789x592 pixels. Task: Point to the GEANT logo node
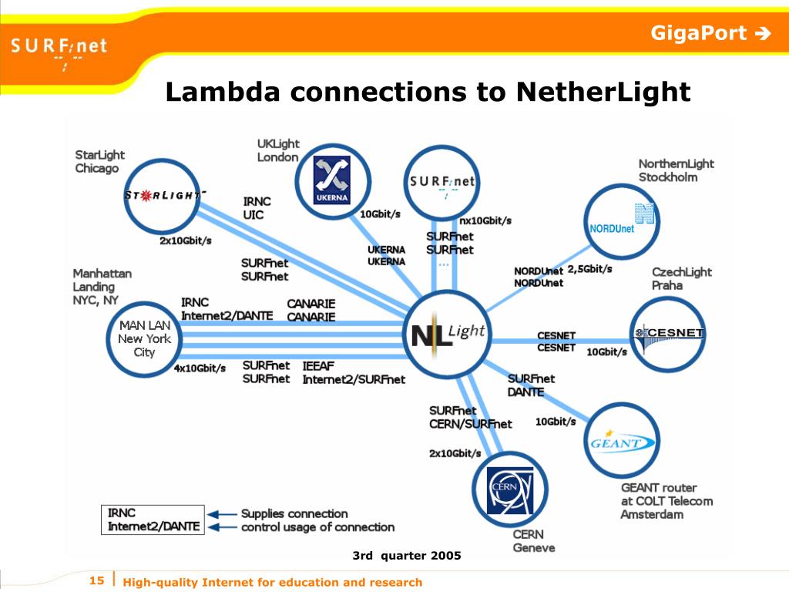coord(622,442)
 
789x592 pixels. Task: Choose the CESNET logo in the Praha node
coord(669,335)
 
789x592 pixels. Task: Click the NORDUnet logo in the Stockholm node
coord(622,220)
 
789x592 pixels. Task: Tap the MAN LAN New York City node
coord(144,338)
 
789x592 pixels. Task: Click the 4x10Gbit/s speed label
coord(200,368)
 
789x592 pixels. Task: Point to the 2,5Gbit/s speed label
coord(589,269)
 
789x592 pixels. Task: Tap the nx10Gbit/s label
coord(485,220)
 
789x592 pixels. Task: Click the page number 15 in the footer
coord(96,580)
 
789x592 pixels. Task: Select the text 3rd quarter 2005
coord(406,555)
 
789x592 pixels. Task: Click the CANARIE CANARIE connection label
coord(311,310)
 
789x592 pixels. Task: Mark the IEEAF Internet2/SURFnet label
coord(353,372)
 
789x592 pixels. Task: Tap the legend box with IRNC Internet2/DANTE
coord(153,520)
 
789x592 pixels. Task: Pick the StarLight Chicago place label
coord(99,161)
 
